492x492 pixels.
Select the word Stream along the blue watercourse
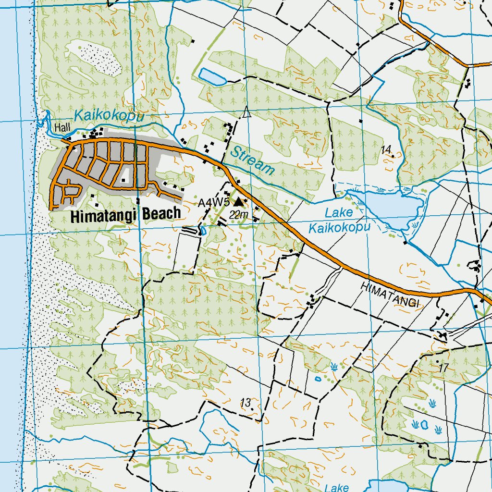coord(252,160)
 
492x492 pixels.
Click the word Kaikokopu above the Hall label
coord(109,116)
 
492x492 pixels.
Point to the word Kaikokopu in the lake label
coord(339,227)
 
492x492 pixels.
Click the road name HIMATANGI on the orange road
coord(390,294)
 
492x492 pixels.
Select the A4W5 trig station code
coord(214,203)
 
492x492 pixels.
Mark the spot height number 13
coord(246,403)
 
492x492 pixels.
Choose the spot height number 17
coord(443,367)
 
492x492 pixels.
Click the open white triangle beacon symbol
coord(247,113)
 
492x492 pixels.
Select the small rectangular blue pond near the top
coord(212,76)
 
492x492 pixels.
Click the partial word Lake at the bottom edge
coord(336,487)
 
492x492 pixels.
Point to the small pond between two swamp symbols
coord(424,425)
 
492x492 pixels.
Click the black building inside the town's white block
coord(124,180)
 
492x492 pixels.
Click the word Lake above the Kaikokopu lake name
coord(338,212)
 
